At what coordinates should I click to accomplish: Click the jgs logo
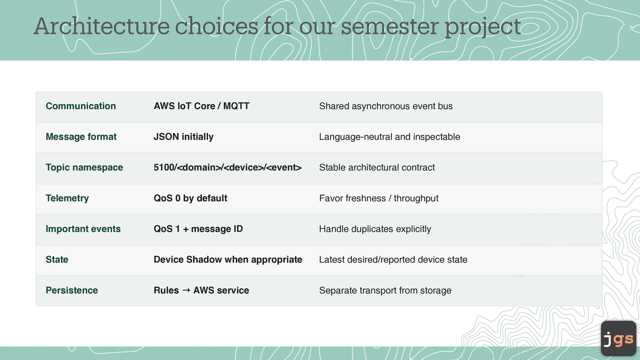[619, 338]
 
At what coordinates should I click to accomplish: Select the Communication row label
[81, 106]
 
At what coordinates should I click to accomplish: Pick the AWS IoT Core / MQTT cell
[201, 106]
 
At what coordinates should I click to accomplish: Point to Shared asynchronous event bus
[386, 106]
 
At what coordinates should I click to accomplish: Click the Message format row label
[81, 137]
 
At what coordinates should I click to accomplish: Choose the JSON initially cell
[183, 137]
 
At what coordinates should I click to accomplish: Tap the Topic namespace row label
[84, 167]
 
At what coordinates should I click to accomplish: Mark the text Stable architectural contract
[377, 167]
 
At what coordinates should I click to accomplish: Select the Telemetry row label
[67, 198]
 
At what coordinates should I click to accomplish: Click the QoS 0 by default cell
[190, 198]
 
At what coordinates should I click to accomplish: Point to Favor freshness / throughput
[379, 198]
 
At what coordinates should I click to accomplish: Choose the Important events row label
[83, 229]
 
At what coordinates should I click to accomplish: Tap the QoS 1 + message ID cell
[198, 229]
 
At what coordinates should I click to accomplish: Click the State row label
[57, 260]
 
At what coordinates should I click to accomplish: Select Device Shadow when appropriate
[228, 260]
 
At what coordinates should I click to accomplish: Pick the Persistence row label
[72, 290]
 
